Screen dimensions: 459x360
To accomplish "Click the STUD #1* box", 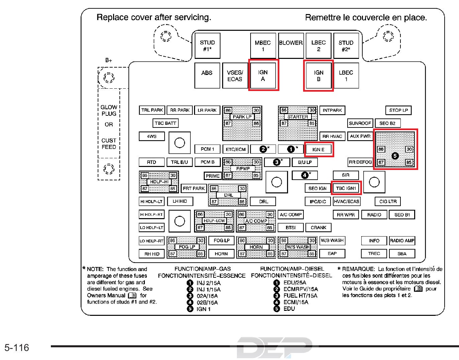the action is (207, 46).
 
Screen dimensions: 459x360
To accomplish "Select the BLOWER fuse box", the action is (291, 46).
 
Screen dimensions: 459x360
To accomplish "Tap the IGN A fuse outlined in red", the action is (263, 75).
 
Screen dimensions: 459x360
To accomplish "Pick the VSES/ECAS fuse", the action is (235, 76).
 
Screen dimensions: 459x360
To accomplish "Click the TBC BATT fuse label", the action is (165, 123).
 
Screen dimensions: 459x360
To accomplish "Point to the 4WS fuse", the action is (152, 136).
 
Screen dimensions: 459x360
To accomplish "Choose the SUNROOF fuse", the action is (360, 123).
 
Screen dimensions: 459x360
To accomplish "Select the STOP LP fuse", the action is (398, 110).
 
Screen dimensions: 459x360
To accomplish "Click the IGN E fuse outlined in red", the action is (319, 149).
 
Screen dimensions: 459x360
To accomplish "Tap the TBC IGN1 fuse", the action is (346, 188).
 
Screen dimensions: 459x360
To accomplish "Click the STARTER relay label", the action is (298, 117).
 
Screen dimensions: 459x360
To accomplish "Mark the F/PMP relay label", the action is (243, 169).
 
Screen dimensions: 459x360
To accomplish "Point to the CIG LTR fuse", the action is (388, 201).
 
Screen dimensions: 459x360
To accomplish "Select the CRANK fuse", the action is (318, 228).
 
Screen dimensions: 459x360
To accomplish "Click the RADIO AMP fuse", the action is (402, 241).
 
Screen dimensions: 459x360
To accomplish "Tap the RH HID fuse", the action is (152, 254).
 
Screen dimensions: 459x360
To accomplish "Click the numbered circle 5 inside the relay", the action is (395, 156).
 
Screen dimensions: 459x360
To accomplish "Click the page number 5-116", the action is (17, 348).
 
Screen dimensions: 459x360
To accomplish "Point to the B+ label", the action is (109, 60).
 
